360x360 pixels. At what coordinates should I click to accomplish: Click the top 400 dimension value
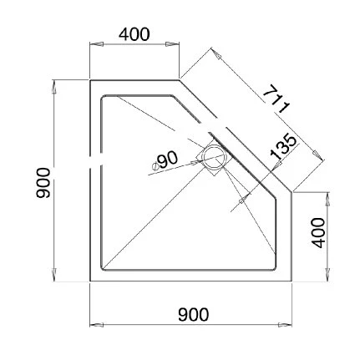tap(134, 34)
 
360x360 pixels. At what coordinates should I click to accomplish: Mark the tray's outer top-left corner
tap(89, 81)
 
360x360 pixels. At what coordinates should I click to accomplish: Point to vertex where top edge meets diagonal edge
tap(179, 81)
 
